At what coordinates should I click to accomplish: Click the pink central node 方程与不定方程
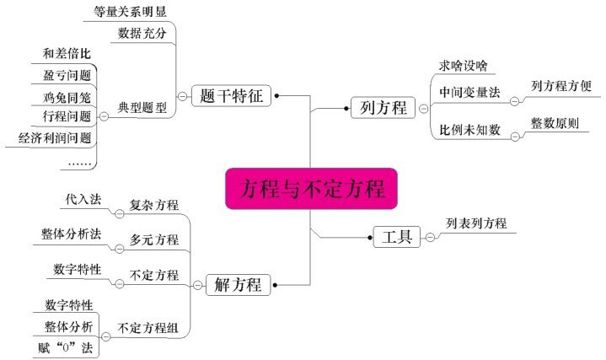(x=311, y=187)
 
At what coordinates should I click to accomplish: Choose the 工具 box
(x=397, y=237)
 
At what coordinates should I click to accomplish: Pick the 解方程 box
(x=238, y=285)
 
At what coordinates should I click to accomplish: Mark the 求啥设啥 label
(x=463, y=66)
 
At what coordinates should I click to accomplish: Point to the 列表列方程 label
(x=477, y=223)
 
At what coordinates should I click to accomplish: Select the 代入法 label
(x=83, y=200)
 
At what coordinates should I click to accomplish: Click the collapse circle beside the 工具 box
(x=430, y=238)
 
